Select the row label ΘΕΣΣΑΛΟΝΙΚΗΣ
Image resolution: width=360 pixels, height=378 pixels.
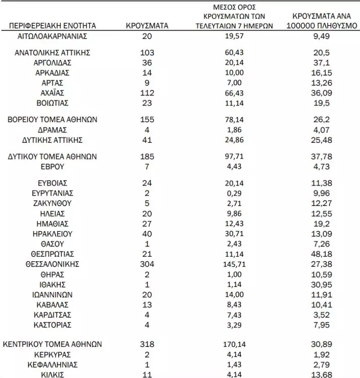pyautogui.click(x=53, y=264)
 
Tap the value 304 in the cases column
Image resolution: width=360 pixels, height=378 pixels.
pyautogui.click(x=147, y=264)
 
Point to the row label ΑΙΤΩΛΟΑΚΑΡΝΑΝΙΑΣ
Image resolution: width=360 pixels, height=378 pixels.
pyautogui.click(x=53, y=36)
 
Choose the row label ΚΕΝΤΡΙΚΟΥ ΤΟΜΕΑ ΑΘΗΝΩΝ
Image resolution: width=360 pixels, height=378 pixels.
pyautogui.click(x=53, y=344)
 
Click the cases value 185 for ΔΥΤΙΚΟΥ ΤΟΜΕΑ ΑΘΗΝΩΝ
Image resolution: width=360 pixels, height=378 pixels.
pyautogui.click(x=147, y=157)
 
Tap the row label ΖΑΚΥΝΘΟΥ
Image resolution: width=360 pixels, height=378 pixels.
pyautogui.click(x=53, y=203)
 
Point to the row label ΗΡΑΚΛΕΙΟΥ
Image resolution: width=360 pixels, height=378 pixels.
pyautogui.click(x=53, y=234)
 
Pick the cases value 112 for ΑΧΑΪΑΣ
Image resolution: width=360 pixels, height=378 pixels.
pyautogui.click(x=147, y=93)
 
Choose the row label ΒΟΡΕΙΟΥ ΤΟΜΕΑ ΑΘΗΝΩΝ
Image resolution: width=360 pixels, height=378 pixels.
pyautogui.click(x=53, y=120)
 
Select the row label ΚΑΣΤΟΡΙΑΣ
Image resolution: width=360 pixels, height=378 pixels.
pyautogui.click(x=53, y=325)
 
